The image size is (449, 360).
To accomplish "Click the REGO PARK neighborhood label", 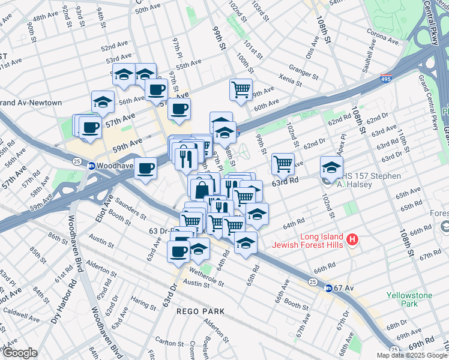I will click(x=200, y=311).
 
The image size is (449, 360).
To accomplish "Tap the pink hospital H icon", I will click(x=352, y=241).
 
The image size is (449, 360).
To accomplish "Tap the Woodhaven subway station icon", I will click(x=92, y=166).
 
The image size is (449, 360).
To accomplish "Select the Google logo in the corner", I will click(x=19, y=353).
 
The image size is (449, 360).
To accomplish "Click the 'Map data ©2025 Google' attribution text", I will click(x=412, y=355).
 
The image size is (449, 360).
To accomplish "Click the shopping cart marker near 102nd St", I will click(x=282, y=163).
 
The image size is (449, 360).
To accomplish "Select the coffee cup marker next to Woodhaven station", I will click(x=145, y=168).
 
